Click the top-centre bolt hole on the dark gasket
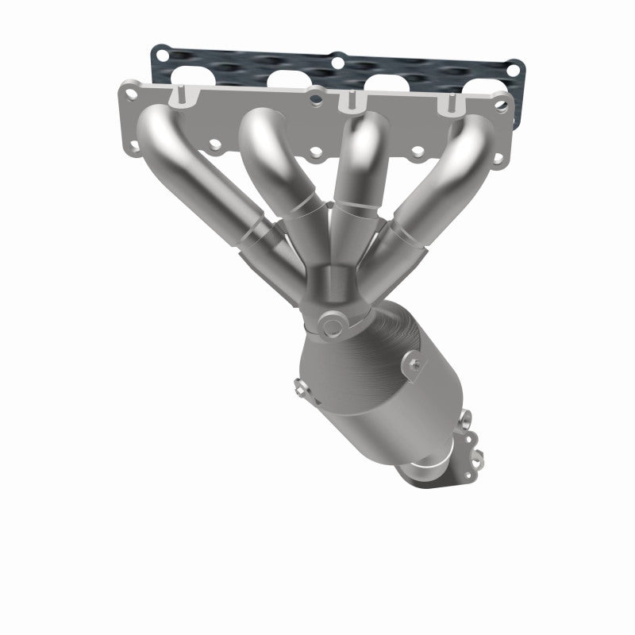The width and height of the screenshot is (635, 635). [x=337, y=60]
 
